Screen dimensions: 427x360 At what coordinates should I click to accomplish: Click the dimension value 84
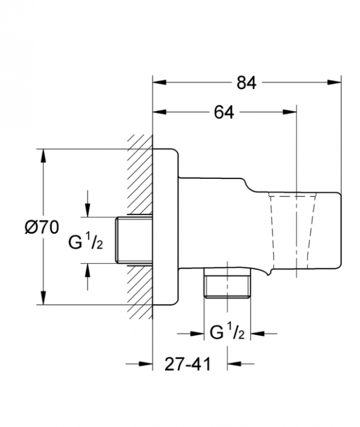(x=247, y=83)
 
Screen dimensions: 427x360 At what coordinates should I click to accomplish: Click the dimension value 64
(x=224, y=113)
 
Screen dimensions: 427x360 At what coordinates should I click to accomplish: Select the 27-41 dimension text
(x=187, y=365)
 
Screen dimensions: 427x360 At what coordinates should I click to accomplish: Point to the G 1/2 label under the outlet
(x=227, y=334)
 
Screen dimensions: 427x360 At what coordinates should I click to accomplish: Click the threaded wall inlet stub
(x=134, y=239)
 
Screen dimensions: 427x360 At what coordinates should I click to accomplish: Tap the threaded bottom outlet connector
(x=226, y=284)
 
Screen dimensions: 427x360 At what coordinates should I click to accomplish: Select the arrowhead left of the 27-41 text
(x=147, y=365)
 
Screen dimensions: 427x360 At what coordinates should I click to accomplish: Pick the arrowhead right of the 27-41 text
(x=233, y=365)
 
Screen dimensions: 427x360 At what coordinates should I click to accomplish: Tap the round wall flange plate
(x=166, y=227)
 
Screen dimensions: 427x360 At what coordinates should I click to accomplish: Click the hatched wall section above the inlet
(x=140, y=176)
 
